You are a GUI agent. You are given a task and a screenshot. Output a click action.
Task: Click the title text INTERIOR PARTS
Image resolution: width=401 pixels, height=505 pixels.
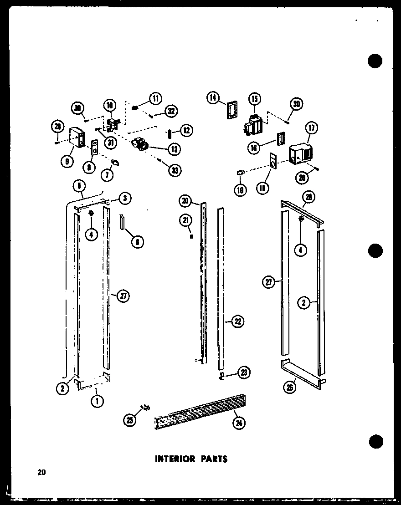click(x=191, y=458)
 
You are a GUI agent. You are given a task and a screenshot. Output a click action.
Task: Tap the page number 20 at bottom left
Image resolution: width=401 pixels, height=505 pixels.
click(x=42, y=473)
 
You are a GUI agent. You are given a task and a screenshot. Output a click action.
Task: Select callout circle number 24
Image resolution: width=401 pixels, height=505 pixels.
click(x=238, y=423)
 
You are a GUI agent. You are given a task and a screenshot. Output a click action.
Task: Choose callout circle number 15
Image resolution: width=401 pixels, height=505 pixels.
click(x=254, y=99)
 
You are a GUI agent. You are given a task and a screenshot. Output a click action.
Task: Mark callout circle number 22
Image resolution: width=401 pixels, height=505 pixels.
click(x=237, y=322)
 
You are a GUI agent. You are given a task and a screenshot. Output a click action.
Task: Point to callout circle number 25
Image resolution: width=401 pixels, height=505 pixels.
click(x=130, y=420)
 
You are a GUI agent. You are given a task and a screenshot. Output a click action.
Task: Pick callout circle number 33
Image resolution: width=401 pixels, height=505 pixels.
click(x=174, y=170)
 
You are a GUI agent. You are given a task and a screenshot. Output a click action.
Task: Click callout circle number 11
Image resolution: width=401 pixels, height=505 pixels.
click(x=155, y=98)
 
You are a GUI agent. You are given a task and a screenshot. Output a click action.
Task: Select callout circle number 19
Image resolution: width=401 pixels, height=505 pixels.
click(x=240, y=189)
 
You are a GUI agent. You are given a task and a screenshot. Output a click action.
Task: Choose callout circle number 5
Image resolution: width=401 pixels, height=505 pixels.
click(x=78, y=185)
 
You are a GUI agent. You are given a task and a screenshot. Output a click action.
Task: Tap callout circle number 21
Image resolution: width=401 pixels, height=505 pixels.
click(x=185, y=221)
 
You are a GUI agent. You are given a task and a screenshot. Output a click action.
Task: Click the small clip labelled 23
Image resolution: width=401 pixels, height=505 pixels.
click(x=221, y=375)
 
